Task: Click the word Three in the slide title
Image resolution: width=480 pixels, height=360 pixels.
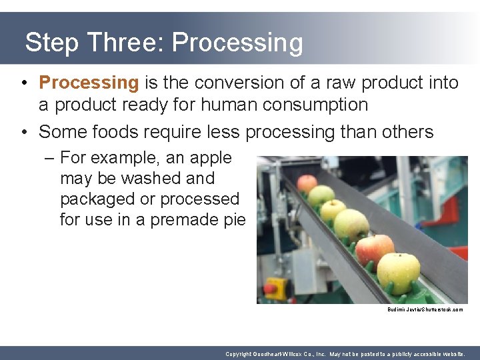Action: coord(127,43)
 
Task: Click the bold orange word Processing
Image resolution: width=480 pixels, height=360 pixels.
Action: coord(88,83)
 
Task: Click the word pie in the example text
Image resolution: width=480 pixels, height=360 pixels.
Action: coord(235,219)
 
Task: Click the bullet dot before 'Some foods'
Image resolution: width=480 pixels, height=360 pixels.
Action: coord(23,132)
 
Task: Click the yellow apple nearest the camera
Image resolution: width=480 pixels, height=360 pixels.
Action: coord(399,273)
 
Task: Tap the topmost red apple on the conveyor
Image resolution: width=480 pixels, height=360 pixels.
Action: coord(307,183)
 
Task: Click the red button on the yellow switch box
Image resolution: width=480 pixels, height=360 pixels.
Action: coord(271,289)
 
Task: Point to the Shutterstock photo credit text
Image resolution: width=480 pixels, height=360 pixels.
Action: coord(425,310)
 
